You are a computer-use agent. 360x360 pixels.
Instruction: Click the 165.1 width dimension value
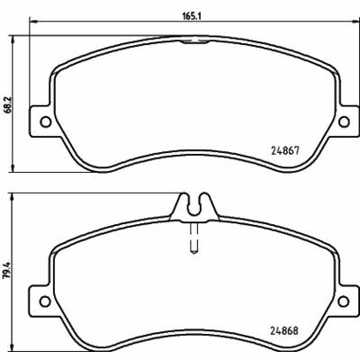click(192, 16)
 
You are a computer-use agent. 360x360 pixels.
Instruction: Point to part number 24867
click(285, 150)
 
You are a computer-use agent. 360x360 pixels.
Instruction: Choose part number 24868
click(284, 330)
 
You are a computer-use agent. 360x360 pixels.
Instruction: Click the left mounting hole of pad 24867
click(46, 121)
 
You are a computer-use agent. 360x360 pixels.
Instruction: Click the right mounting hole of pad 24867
click(344, 121)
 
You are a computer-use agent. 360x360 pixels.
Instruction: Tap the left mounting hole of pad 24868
click(46, 301)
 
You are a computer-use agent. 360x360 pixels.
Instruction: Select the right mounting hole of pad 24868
click(344, 301)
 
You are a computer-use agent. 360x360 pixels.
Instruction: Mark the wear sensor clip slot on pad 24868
click(194, 206)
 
